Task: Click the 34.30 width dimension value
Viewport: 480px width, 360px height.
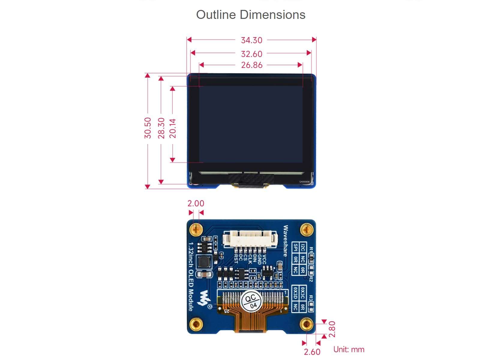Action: (251, 40)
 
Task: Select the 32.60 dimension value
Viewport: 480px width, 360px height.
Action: (251, 54)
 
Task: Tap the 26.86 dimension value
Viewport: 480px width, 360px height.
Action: (251, 65)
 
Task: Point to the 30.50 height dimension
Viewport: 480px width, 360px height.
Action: (148, 128)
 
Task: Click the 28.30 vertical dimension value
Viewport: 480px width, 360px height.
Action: (161, 128)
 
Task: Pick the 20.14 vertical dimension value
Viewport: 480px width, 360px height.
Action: (173, 128)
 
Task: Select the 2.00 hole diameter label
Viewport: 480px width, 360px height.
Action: (196, 203)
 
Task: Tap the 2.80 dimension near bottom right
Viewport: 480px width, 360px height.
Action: (332, 329)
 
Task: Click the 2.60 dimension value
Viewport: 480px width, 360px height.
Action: (312, 352)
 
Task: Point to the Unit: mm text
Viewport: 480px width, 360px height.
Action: (349, 349)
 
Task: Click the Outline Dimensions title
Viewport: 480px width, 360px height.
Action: (250, 15)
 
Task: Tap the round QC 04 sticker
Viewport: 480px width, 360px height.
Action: (251, 301)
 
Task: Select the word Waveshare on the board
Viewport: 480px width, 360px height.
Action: (285, 241)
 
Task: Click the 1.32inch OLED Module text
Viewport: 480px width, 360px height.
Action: (191, 277)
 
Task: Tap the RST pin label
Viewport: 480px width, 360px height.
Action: (236, 259)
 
